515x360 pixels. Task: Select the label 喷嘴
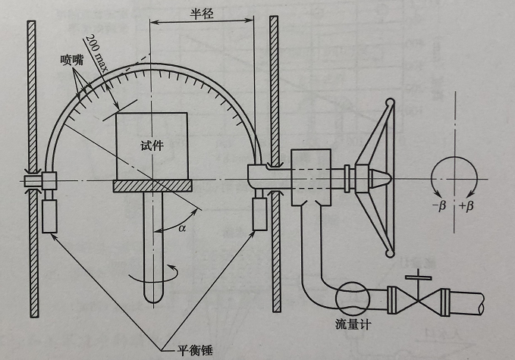pyautogui.click(x=71, y=58)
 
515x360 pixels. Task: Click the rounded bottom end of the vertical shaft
pyautogui.click(x=154, y=297)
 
